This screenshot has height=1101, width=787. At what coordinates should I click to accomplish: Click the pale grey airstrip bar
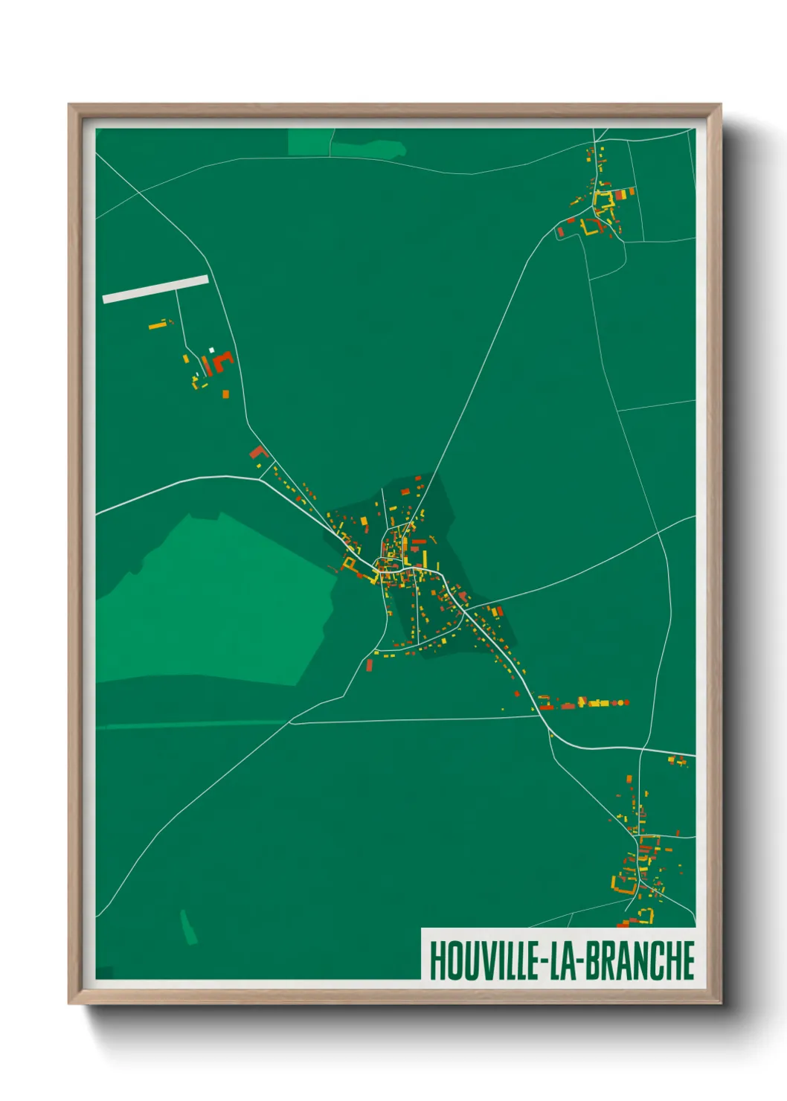(x=155, y=289)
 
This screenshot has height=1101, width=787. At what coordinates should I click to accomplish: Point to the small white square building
(x=211, y=350)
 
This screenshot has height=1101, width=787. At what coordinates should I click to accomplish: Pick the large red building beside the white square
(x=222, y=362)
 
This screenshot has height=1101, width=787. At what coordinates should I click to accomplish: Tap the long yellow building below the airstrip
(x=158, y=324)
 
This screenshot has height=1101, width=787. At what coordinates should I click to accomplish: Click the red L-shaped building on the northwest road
(x=257, y=452)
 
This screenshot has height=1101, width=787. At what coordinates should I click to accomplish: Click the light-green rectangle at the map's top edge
(x=309, y=142)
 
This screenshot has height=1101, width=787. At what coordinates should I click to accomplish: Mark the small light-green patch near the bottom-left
(x=189, y=927)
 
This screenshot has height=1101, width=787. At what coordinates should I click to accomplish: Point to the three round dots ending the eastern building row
(x=620, y=702)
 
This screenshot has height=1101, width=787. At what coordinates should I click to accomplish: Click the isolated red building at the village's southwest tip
(x=369, y=664)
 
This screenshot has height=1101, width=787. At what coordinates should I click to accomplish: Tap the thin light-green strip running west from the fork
(x=193, y=724)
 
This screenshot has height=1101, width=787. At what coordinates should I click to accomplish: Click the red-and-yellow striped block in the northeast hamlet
(x=620, y=194)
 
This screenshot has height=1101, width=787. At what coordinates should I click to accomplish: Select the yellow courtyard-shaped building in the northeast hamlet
(x=603, y=201)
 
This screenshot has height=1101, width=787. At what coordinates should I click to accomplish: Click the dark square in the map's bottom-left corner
(x=104, y=972)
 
